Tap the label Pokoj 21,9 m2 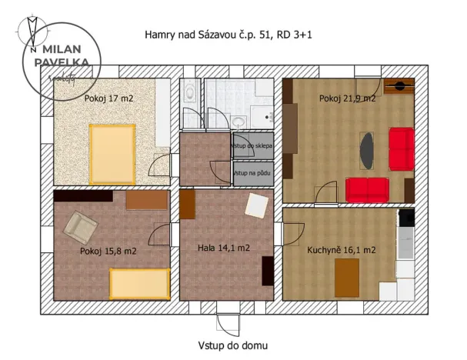tap(347, 98)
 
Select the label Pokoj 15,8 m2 tap(108, 251)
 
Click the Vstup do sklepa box tap(252, 145)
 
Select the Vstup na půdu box tap(252, 174)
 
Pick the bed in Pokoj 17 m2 tap(112, 153)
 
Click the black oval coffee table tap(368, 151)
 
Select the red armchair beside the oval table tap(400, 148)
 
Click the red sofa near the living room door tap(367, 188)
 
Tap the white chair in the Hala tap(256, 205)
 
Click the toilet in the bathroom tap(190, 95)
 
